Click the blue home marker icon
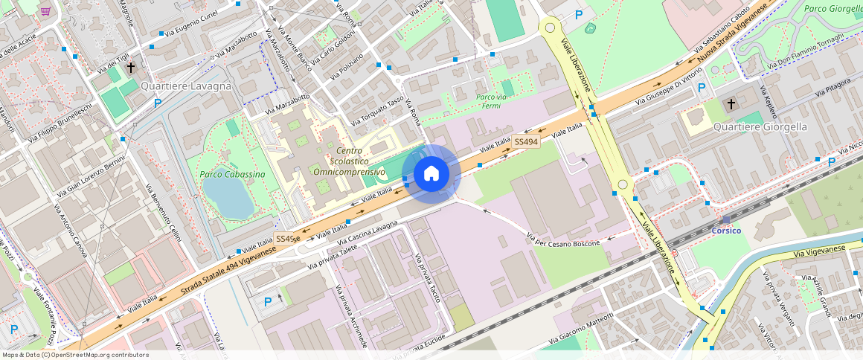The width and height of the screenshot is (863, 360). click(x=431, y=173)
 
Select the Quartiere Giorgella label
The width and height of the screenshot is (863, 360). click(x=760, y=126)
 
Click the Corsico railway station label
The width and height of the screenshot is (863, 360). click(x=726, y=230)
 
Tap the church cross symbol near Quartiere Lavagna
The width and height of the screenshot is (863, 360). click(x=131, y=68)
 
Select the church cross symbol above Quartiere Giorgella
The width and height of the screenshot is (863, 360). click(x=731, y=103)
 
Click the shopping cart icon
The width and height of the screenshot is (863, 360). click(x=46, y=11)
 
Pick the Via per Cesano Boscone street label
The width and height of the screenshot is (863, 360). click(x=563, y=241)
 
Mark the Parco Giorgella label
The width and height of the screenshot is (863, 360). click(x=833, y=9)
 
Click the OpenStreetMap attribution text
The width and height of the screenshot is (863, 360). click(x=76, y=355)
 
